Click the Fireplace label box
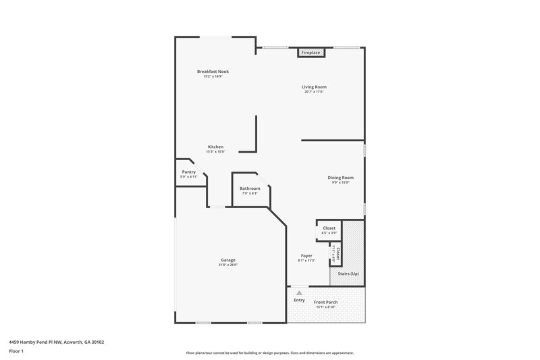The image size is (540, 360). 310,52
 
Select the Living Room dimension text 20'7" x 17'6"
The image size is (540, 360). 314,92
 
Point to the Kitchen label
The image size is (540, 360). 215,147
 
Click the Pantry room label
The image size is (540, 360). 188,172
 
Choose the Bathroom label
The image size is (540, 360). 250,188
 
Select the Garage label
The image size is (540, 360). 227,260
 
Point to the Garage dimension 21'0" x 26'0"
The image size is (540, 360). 227,265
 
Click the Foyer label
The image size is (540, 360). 306,255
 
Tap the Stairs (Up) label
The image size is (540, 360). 348,274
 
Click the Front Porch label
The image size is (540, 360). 326,302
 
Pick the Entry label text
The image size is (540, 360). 299,300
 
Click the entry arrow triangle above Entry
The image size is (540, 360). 298,292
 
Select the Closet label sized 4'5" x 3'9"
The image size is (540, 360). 329,228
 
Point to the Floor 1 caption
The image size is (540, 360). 16,351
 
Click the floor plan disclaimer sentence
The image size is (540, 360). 270,353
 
